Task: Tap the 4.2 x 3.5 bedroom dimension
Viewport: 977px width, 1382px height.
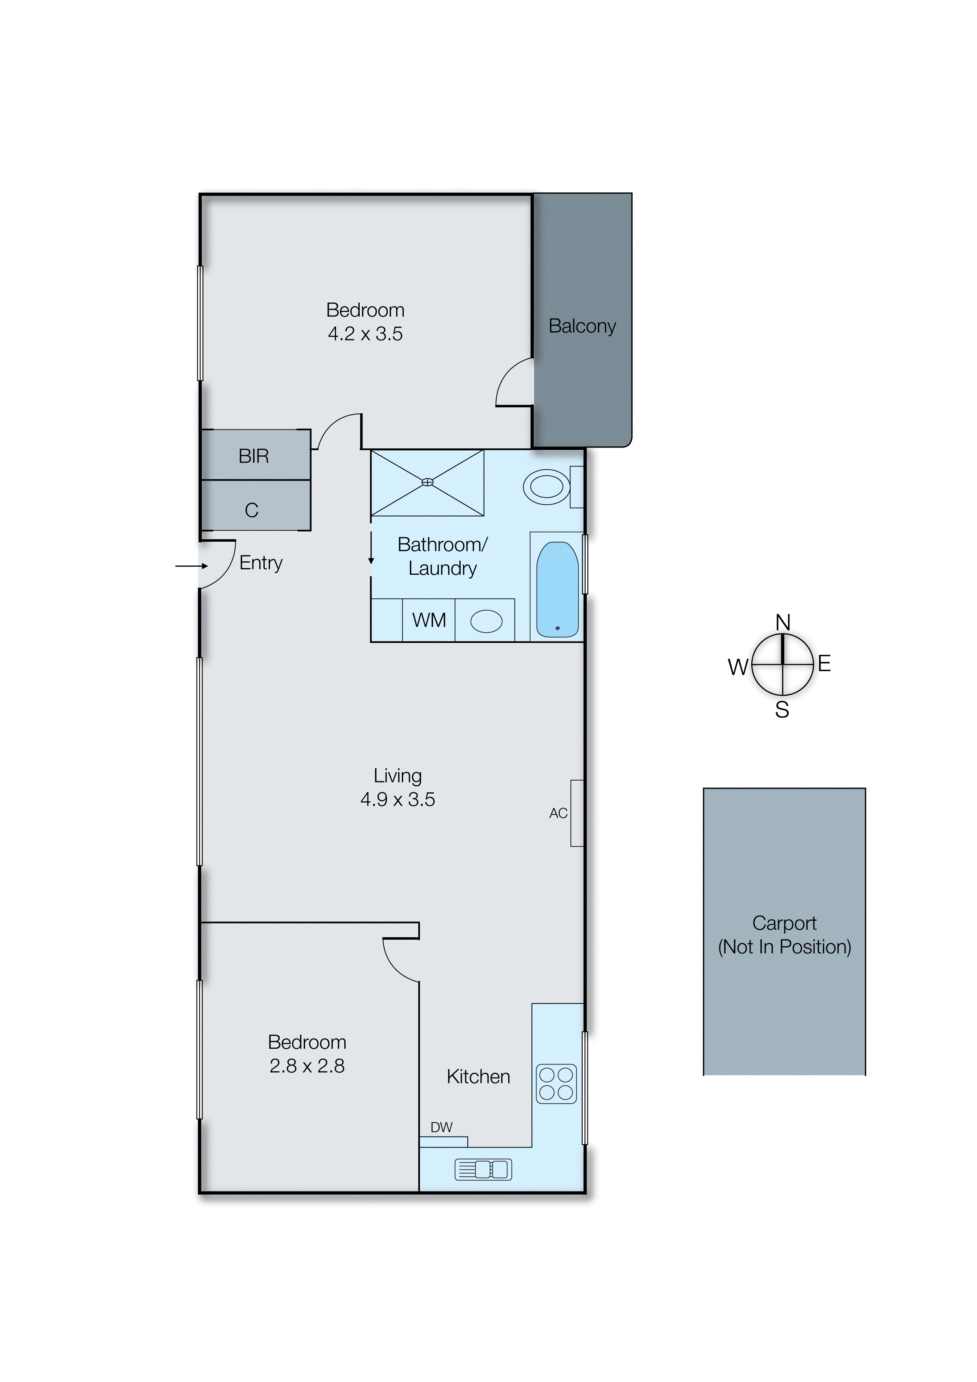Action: tap(365, 334)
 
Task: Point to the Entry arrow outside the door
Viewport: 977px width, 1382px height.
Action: tap(191, 566)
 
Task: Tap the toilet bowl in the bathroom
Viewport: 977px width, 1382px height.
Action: tap(546, 487)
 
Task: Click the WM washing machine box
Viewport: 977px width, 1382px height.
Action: tap(429, 620)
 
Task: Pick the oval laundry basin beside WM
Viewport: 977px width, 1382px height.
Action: tap(486, 621)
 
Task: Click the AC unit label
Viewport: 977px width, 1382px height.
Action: tap(558, 813)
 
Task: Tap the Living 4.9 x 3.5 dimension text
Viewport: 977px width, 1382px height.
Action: tap(397, 799)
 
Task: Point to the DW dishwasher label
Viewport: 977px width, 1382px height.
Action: tap(441, 1128)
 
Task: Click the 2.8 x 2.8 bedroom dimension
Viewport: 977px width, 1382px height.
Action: tap(306, 1066)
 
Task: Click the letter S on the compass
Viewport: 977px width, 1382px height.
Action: tap(781, 710)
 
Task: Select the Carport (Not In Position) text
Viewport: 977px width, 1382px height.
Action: tap(784, 935)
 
